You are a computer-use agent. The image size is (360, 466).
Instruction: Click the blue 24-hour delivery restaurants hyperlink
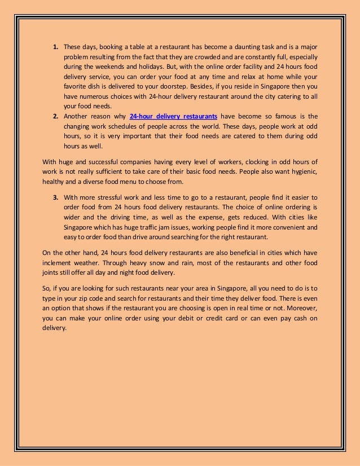pyautogui.click(x=174, y=116)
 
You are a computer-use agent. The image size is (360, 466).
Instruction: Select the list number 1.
pyautogui.click(x=56, y=46)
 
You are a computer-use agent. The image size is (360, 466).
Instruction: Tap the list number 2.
pyautogui.click(x=56, y=116)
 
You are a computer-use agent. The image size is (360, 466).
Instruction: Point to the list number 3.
pyautogui.click(x=56, y=197)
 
